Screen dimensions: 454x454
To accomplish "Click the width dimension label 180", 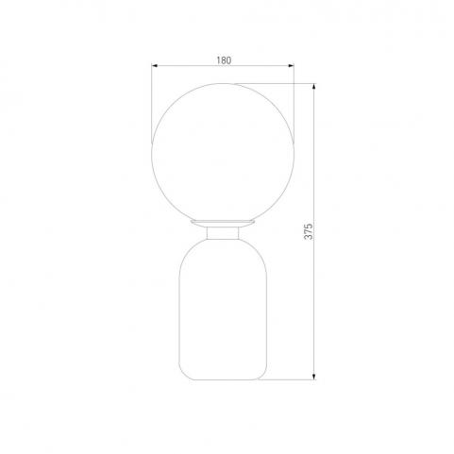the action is (x=224, y=60).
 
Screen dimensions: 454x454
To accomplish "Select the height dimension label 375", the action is (x=309, y=231).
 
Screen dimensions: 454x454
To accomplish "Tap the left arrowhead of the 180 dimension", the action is (x=154, y=66).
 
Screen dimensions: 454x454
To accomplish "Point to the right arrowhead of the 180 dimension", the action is (x=291, y=66).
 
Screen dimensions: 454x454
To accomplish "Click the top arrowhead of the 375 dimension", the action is (x=314, y=87).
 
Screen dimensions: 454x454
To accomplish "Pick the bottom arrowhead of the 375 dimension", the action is (x=314, y=377).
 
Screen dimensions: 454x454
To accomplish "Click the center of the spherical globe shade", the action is (x=223, y=154).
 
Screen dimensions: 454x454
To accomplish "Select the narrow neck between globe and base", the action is (x=223, y=233).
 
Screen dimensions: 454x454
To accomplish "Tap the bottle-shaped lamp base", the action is (x=223, y=310).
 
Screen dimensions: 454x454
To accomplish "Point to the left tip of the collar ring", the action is (x=191, y=222).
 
